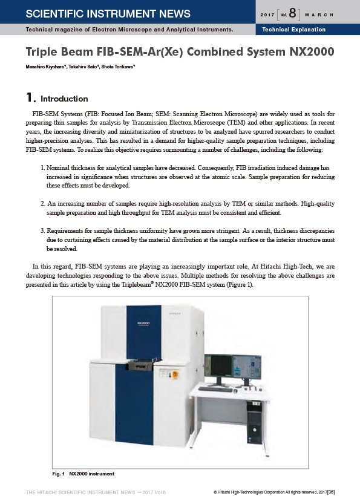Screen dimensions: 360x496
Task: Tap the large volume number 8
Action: click(x=293, y=13)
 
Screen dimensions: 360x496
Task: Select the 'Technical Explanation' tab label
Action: click(x=294, y=30)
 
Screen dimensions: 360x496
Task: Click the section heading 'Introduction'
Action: click(x=64, y=99)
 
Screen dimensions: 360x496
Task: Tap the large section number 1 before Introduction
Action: click(x=29, y=97)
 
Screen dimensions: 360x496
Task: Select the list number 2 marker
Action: click(x=43, y=203)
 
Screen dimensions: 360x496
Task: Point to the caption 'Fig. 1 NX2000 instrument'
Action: click(x=83, y=474)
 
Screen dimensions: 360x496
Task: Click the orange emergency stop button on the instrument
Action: click(x=175, y=374)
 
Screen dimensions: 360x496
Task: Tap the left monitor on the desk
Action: click(x=218, y=366)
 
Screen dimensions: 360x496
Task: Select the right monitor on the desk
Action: click(x=247, y=367)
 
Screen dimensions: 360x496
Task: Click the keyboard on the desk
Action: click(x=215, y=389)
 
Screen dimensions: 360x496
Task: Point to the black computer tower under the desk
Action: click(x=255, y=422)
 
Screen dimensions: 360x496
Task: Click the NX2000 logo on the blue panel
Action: click(x=143, y=323)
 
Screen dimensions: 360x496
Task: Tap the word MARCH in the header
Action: click(x=319, y=15)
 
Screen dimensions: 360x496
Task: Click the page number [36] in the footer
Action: click(x=331, y=492)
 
